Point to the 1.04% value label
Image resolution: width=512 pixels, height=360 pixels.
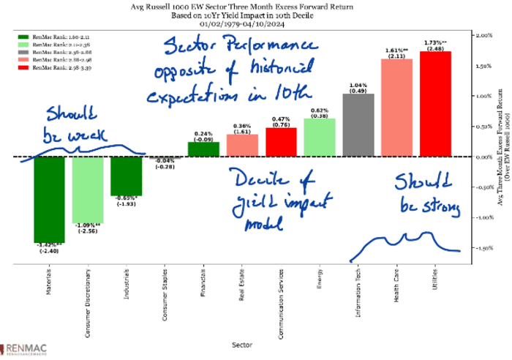358,86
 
